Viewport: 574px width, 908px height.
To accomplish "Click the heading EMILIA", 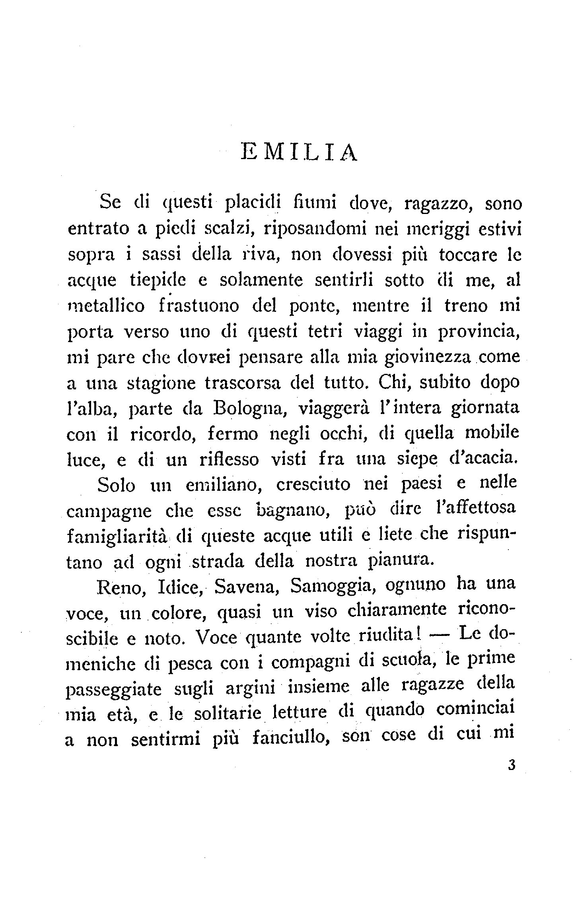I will click(x=300, y=152).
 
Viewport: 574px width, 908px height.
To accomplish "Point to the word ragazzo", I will click(x=436, y=204).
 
